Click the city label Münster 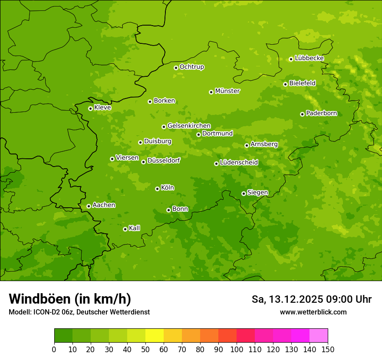(x=227, y=91)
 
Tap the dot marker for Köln (x=157, y=189)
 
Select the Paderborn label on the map (x=321, y=113)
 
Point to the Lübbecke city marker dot (x=291, y=59)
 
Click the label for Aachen (x=104, y=205)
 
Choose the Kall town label (x=134, y=228)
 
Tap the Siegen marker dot (x=244, y=193)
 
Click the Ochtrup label (x=191, y=67)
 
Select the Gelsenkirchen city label (x=189, y=126)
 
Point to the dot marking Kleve (x=90, y=108)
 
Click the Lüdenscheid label (x=239, y=163)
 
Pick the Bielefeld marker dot (x=285, y=84)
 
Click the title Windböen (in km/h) (x=70, y=299)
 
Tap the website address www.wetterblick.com (x=313, y=312)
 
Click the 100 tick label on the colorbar (x=237, y=350)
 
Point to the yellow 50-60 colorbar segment (x=155, y=336)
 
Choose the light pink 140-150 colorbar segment (x=319, y=336)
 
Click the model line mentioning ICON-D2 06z (x=79, y=312)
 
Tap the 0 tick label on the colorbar (x=54, y=350)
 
